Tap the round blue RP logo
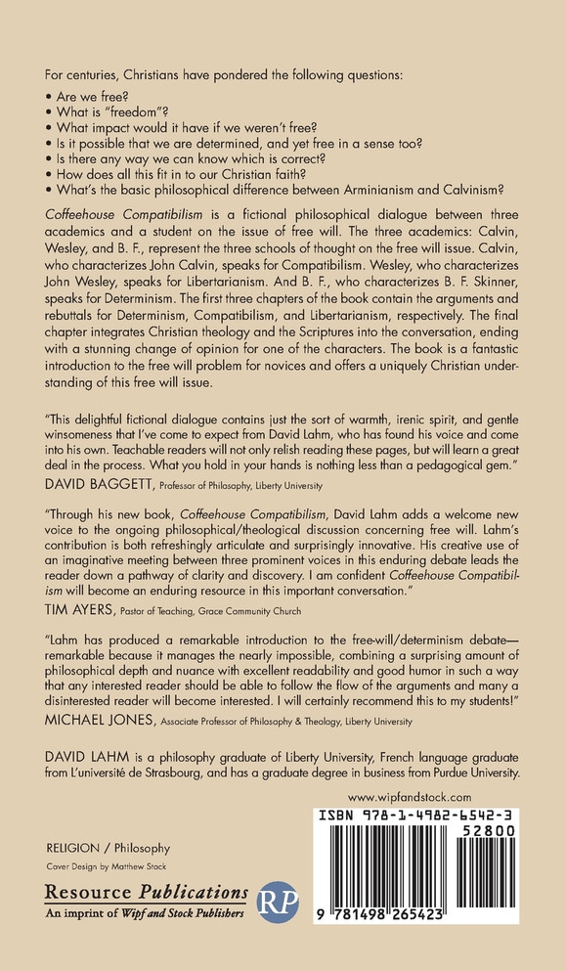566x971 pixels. pyautogui.click(x=277, y=902)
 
